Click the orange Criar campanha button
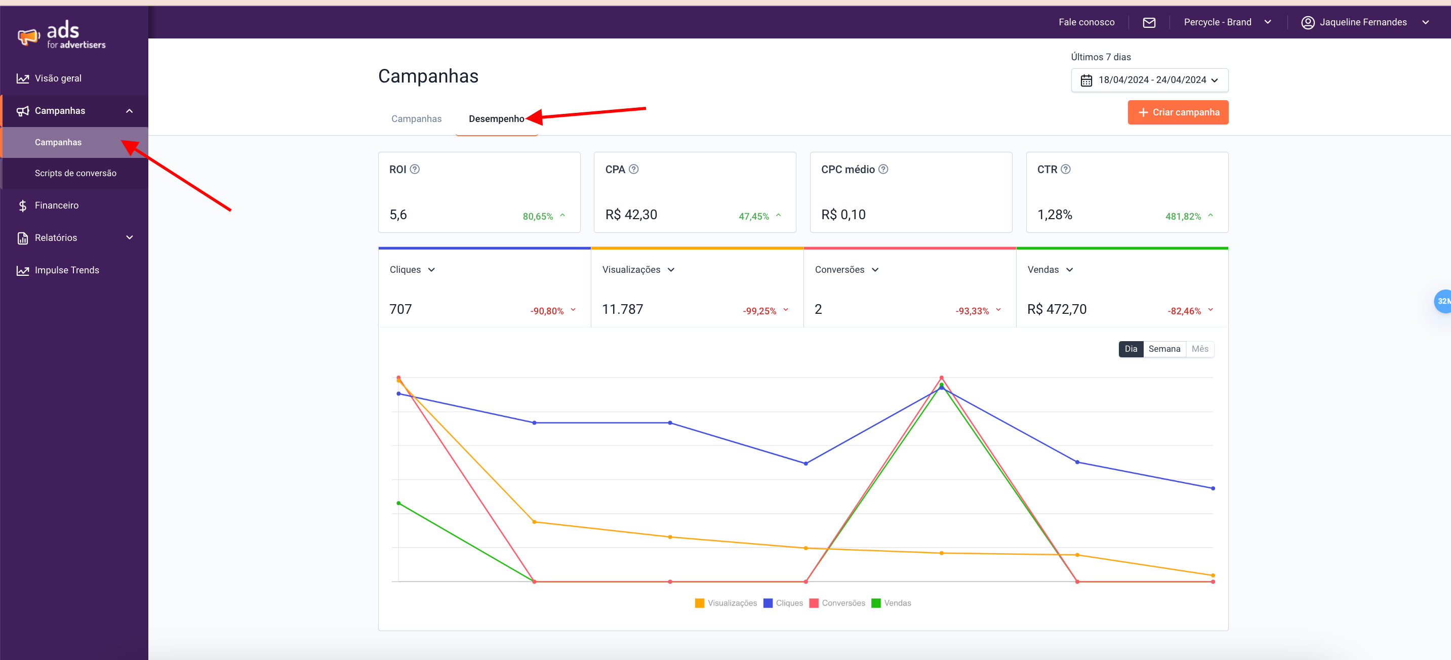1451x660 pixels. click(1178, 112)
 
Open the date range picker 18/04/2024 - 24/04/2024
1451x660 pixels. click(1149, 80)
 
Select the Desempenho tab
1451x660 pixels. click(496, 119)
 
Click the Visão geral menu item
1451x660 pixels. click(58, 78)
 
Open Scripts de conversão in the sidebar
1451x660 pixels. click(75, 173)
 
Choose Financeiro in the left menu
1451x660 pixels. click(56, 205)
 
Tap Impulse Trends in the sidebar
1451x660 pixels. click(66, 270)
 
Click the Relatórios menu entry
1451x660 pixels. click(56, 238)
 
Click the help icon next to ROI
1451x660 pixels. click(415, 169)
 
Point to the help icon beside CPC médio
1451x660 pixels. click(883, 169)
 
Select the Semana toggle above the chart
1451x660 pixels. click(1164, 349)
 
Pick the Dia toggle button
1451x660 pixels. click(1131, 349)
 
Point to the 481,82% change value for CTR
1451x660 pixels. click(1183, 216)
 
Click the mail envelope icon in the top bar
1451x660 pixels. click(1149, 23)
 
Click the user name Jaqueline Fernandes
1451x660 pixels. click(1362, 23)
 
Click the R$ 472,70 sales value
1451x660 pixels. click(1057, 309)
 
